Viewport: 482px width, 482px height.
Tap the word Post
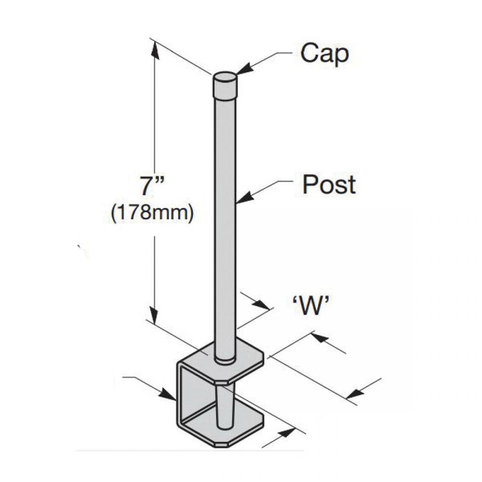coord(329,184)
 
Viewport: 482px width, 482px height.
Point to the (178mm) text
coord(152,213)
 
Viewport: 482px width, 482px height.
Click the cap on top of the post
coord(225,84)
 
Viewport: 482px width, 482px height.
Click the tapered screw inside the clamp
coord(225,405)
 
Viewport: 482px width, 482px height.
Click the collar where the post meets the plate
coord(225,359)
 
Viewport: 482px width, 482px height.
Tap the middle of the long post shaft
coord(225,217)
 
